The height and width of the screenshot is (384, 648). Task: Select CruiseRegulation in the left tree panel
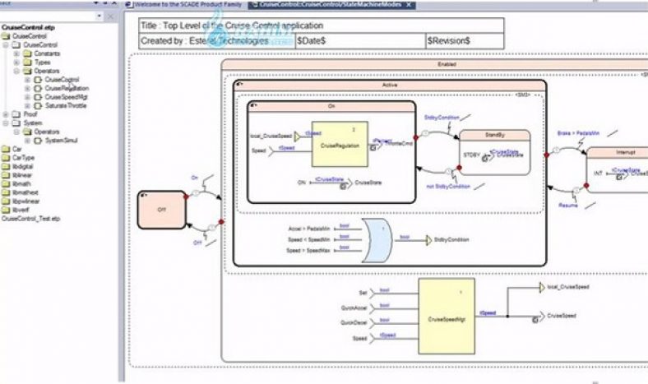pyautogui.click(x=67, y=88)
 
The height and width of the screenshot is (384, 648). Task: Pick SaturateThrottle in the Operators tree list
pyautogui.click(x=67, y=105)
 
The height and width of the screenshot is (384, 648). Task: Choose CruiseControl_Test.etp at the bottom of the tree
pyautogui.click(x=32, y=218)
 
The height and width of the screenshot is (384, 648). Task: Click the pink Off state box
pyautogui.click(x=162, y=211)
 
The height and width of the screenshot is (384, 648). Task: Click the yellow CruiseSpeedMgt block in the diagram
pyautogui.click(x=447, y=315)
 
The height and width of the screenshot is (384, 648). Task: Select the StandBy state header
pyautogui.click(x=494, y=135)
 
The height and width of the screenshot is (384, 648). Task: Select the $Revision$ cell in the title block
pyautogui.click(x=449, y=39)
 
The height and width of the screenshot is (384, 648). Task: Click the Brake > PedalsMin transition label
pyautogui.click(x=577, y=132)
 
